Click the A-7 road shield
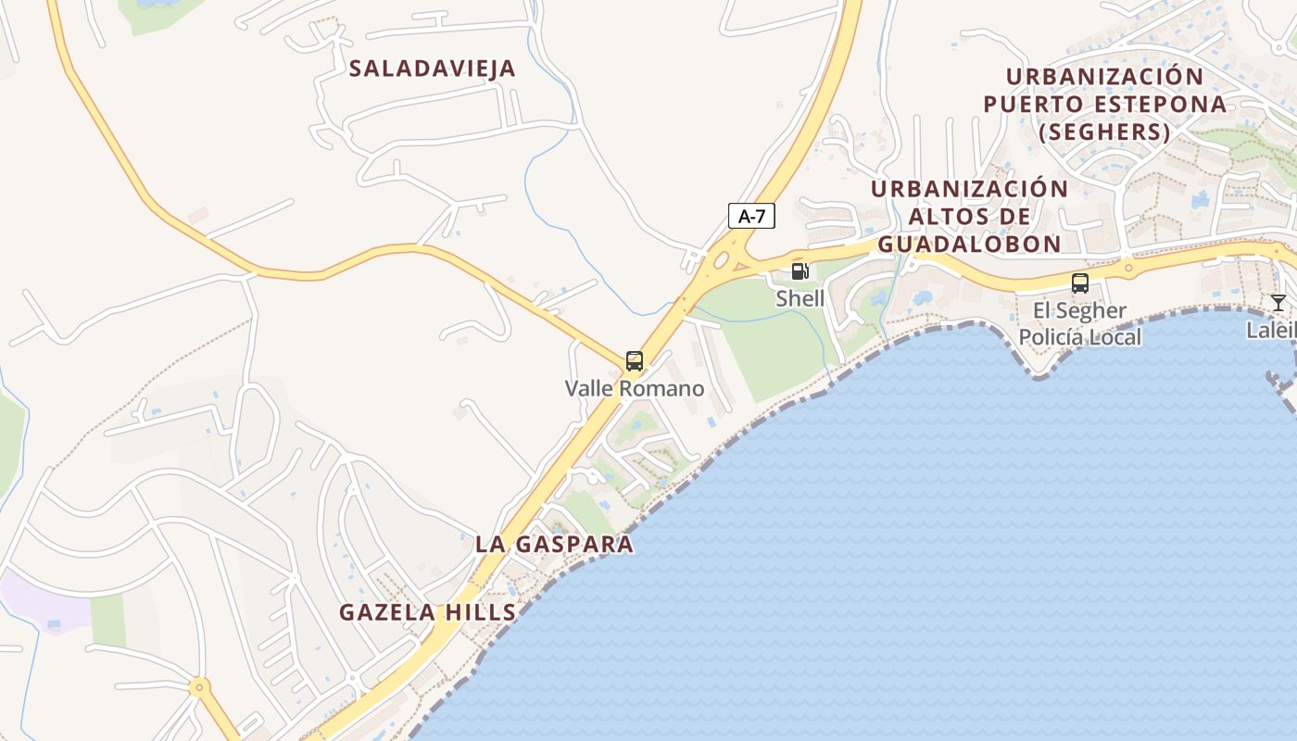click(751, 217)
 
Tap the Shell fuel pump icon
click(800, 271)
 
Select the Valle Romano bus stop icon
click(634, 361)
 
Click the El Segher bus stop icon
click(1079, 283)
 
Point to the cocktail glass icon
click(1278, 302)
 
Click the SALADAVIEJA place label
click(432, 69)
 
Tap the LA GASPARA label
click(554, 545)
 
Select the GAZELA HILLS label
click(427, 612)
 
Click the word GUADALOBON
click(969, 244)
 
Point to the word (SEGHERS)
click(1104, 132)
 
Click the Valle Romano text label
click(635, 389)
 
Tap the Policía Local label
click(1080, 336)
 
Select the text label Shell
click(800, 298)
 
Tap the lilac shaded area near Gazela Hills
click(44, 600)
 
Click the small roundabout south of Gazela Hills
click(198, 687)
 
